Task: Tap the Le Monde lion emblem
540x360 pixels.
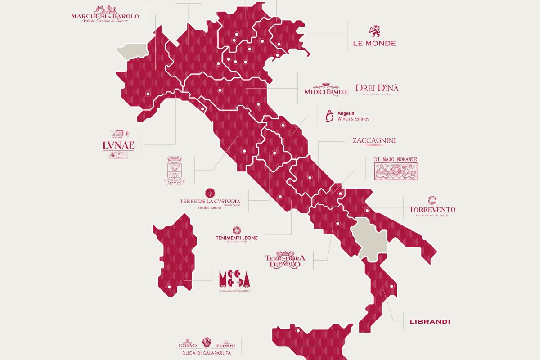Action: [374, 31]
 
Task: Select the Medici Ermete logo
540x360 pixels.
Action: [326, 89]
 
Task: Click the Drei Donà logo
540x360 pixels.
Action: [377, 89]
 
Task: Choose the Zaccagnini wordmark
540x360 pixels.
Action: [374, 141]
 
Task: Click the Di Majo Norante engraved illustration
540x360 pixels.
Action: [396, 169]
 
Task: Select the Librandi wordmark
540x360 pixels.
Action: [430, 322]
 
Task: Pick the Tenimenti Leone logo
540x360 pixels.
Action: [236, 235]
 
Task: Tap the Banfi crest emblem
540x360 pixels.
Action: [175, 171]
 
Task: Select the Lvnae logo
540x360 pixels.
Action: [118, 144]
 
